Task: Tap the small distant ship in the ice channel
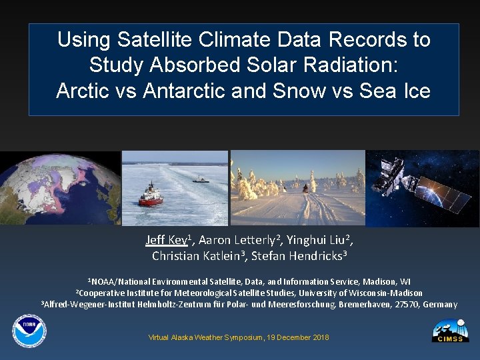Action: pyautogui.click(x=201, y=179)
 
